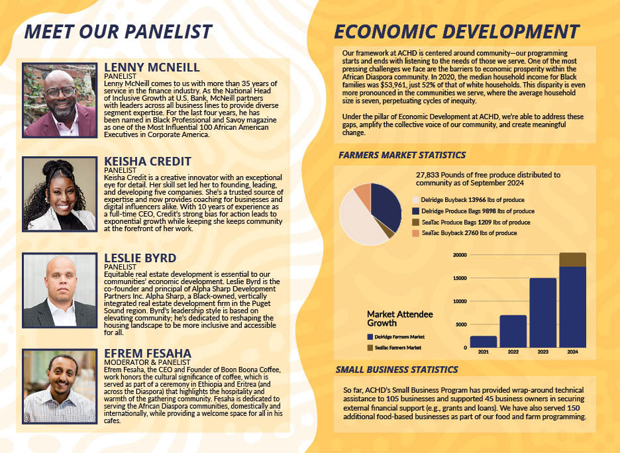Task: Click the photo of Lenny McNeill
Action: (60, 100)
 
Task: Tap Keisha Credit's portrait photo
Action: (60, 194)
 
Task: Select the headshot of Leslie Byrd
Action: (60, 290)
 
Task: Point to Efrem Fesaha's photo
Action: (60, 387)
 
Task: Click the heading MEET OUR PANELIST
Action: (118, 32)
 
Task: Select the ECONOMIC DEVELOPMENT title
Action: (456, 32)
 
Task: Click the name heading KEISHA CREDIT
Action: (148, 161)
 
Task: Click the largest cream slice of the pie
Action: (360, 222)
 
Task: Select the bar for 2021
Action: (484, 342)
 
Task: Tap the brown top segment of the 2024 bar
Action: (572, 260)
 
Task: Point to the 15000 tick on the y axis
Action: (458, 278)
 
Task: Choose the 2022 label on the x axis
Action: (513, 352)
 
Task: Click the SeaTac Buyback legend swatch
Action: (415, 233)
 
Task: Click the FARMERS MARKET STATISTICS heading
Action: (402, 156)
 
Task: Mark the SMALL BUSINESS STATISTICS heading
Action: (397, 370)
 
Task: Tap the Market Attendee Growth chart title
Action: (399, 319)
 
